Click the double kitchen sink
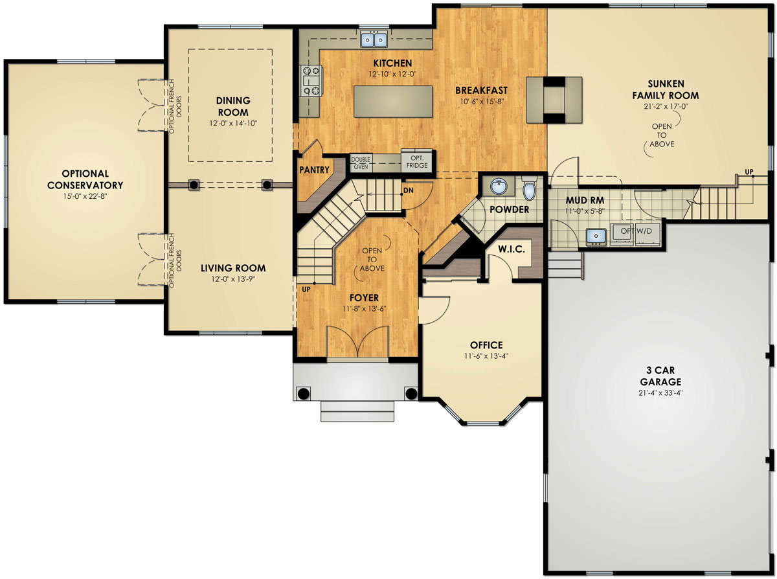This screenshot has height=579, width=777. [x=374, y=40]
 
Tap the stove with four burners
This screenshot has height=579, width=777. [x=310, y=82]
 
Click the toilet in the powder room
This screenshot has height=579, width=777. [x=530, y=188]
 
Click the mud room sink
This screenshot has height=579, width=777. [x=595, y=236]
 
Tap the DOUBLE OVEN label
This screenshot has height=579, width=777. [x=361, y=163]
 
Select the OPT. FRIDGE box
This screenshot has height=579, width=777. [x=417, y=162]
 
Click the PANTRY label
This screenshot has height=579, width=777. [x=315, y=170]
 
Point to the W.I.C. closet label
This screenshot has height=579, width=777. [x=510, y=250]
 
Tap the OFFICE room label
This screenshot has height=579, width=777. [x=487, y=345]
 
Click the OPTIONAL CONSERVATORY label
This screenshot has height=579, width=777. [x=85, y=179]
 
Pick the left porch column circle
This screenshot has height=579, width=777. [x=302, y=392]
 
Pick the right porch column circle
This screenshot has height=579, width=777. [x=411, y=392]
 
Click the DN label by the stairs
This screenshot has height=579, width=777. [x=409, y=190]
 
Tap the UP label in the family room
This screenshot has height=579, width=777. [x=749, y=172]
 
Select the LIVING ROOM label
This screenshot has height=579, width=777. [x=232, y=268]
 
